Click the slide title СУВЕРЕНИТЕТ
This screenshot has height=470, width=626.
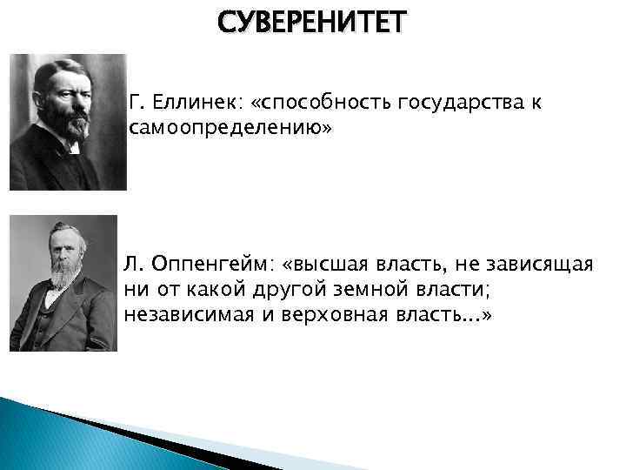pos(312,22)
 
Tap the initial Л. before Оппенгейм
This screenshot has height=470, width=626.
pos(135,264)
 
